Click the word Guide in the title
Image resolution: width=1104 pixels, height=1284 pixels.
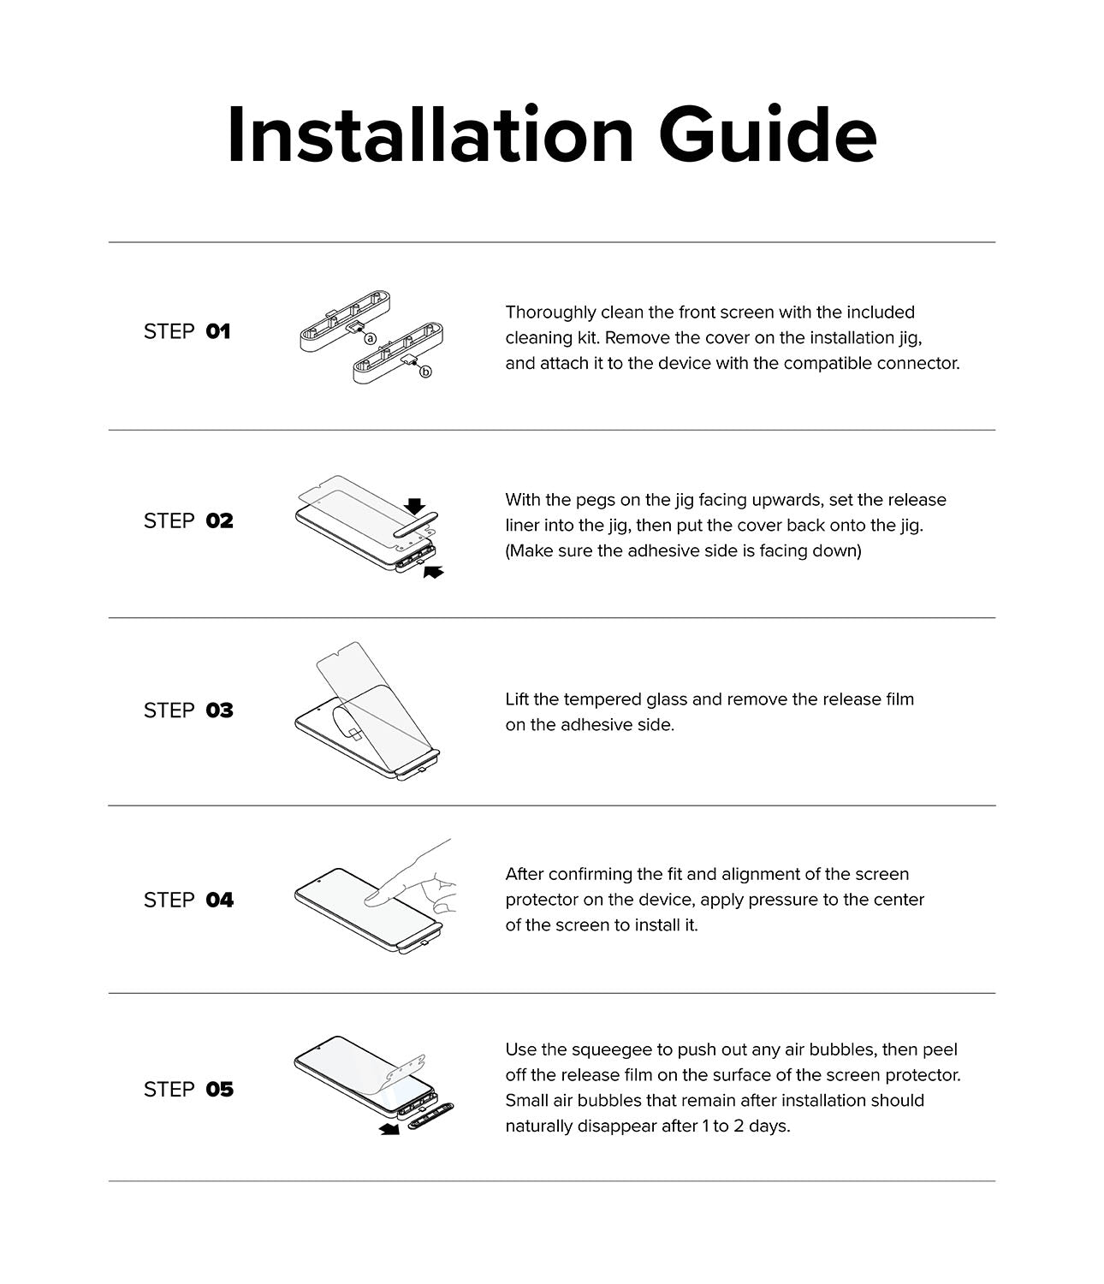pyautogui.click(x=768, y=135)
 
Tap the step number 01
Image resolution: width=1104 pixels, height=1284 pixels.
pyautogui.click(x=218, y=331)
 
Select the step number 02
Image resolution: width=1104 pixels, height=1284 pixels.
pyautogui.click(x=219, y=520)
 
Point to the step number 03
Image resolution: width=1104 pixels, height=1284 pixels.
pyautogui.click(x=219, y=710)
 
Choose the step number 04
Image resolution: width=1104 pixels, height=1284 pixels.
pyautogui.click(x=219, y=900)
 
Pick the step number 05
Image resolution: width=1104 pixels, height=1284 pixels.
pyautogui.click(x=219, y=1089)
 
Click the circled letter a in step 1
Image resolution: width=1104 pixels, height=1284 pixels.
pyautogui.click(x=371, y=338)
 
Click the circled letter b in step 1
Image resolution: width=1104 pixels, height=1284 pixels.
pyautogui.click(x=425, y=372)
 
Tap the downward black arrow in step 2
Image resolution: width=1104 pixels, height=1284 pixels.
pyautogui.click(x=415, y=506)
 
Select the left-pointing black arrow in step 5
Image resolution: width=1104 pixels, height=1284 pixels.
pyautogui.click(x=389, y=1130)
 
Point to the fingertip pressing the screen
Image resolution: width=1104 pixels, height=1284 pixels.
pyautogui.click(x=374, y=898)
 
